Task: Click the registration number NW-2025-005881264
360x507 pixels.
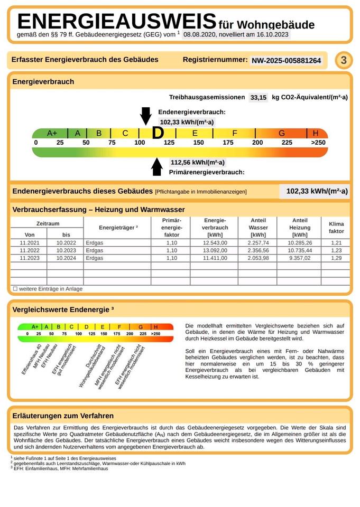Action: point(286,61)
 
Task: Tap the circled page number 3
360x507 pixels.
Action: point(343,60)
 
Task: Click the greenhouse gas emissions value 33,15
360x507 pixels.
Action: point(259,98)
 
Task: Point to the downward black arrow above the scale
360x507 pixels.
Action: point(145,115)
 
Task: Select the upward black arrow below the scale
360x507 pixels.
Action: point(156,166)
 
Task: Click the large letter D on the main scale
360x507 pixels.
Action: point(158,133)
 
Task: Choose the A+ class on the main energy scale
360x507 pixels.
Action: point(52,133)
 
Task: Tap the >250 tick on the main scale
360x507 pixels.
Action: point(318,143)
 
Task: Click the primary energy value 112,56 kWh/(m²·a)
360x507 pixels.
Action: point(197,162)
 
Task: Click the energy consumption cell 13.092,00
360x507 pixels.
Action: point(215,250)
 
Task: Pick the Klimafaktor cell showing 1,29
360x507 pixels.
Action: point(336,258)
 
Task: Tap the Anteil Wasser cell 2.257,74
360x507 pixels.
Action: point(258,242)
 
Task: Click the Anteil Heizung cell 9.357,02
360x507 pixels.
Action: point(300,258)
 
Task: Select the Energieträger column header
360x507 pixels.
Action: point(118,228)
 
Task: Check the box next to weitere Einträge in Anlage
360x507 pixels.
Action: point(15,289)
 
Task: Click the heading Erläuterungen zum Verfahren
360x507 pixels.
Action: point(63,416)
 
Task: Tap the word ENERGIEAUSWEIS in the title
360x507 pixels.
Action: point(117,22)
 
